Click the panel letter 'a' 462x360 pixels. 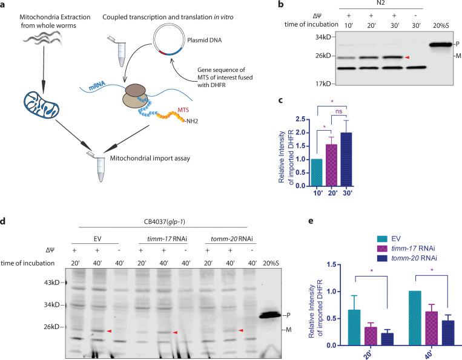coord(5,5)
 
